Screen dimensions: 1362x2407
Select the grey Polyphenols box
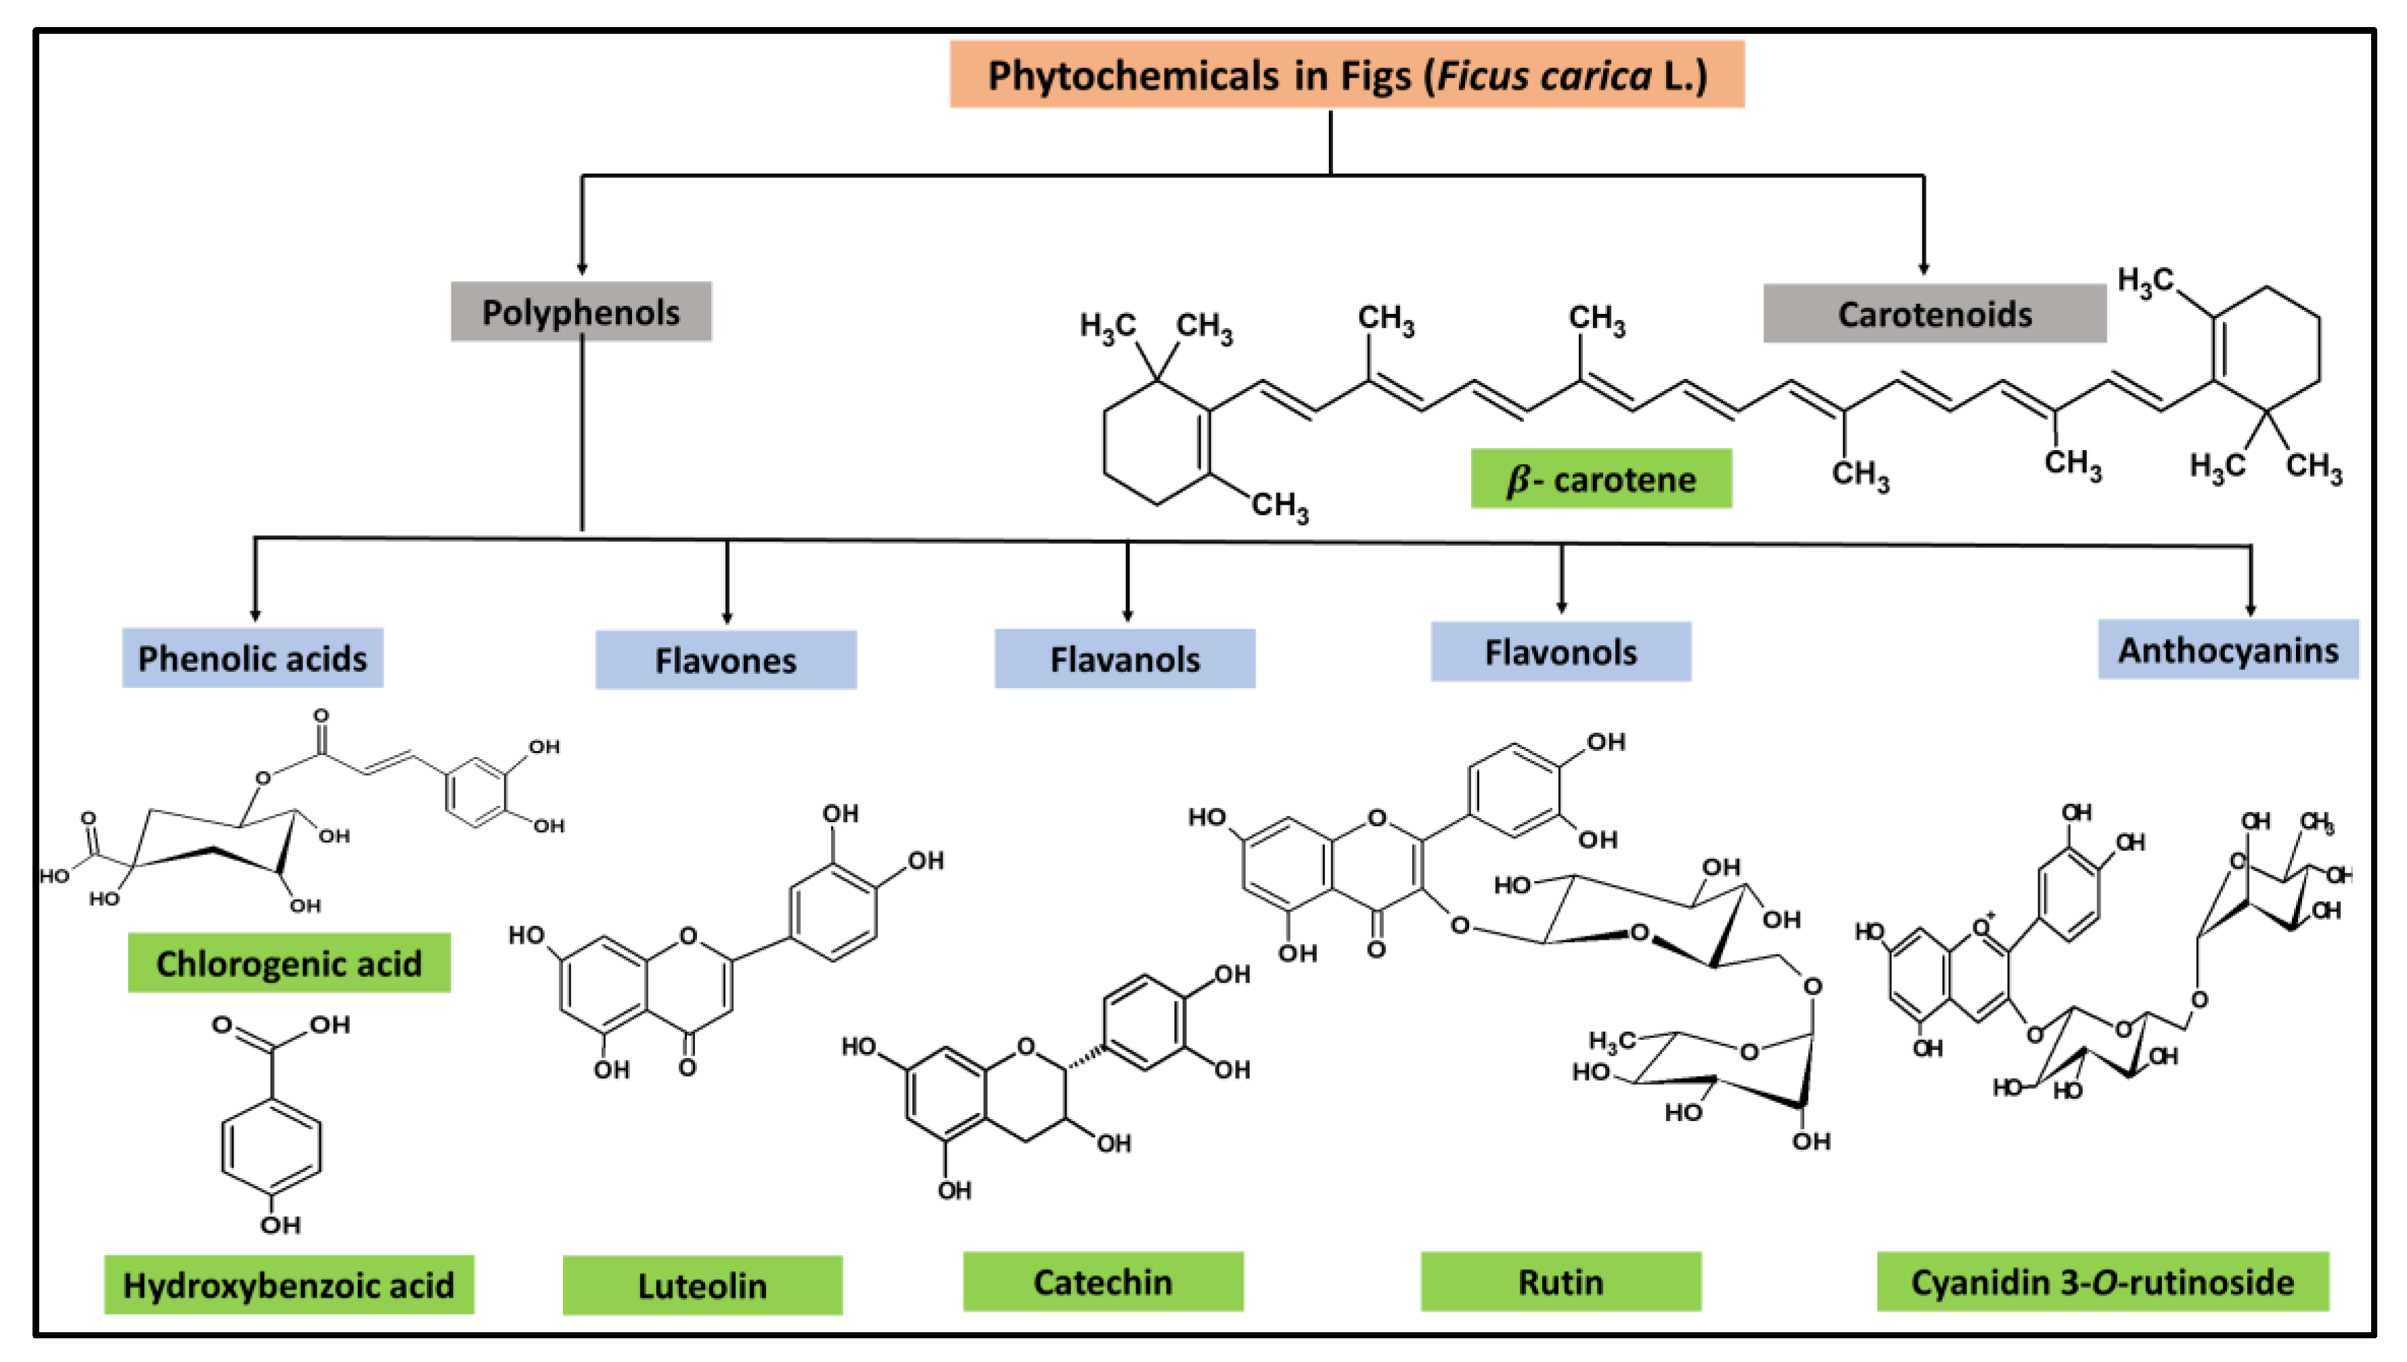(x=580, y=311)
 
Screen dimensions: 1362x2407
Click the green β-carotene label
(x=1600, y=479)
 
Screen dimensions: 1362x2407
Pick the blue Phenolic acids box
(x=252, y=658)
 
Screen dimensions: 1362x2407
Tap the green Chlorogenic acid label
(x=288, y=963)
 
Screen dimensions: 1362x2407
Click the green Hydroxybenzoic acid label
(x=288, y=1284)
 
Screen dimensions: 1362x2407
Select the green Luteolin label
(x=702, y=1286)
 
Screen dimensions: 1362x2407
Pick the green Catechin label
(x=1102, y=1281)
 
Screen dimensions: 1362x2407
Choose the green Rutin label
(x=1560, y=1281)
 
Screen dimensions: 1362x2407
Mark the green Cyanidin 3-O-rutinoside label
(x=2101, y=1281)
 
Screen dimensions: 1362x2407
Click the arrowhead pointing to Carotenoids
(x=1923, y=269)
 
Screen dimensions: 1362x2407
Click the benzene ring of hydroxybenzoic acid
(x=271, y=1147)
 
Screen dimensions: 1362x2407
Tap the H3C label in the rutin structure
(x=1611, y=1040)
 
